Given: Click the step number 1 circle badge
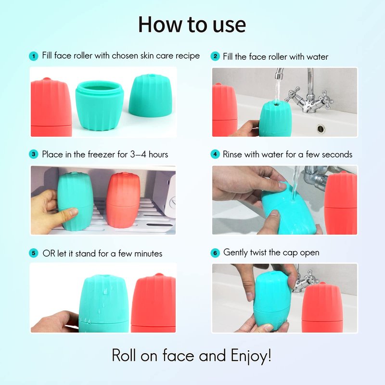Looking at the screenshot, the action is coord(33,56).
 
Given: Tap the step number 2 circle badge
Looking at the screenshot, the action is coord(215,56).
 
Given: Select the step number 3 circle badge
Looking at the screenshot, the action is coord(33,154).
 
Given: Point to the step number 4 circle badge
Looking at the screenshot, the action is coord(215,154).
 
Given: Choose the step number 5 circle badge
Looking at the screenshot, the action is coord(33,253).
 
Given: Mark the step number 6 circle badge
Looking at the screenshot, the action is coord(215,253).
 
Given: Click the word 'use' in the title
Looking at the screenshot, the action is coord(230,26).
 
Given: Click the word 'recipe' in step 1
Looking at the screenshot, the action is coord(188,56).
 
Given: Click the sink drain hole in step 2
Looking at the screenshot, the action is coord(321,128).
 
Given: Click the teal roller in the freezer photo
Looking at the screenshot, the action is coord(75,200).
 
